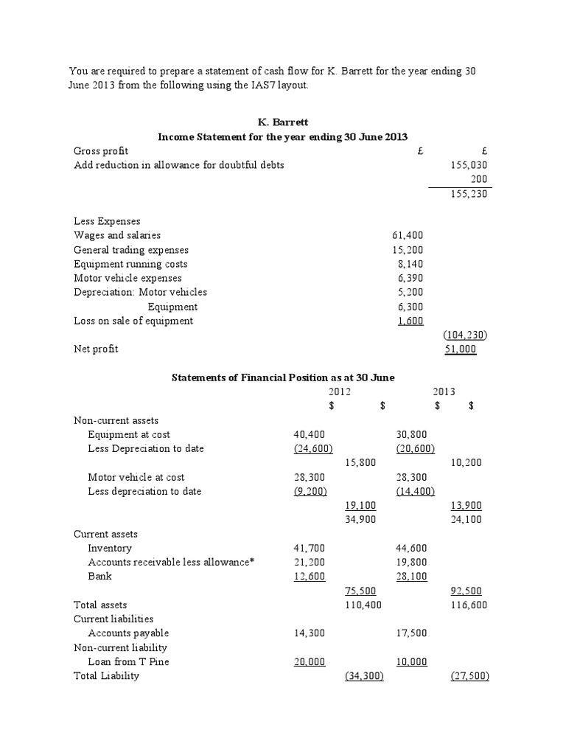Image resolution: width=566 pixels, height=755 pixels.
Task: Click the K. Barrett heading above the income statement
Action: click(283, 122)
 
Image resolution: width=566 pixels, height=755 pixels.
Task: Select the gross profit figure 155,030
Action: click(469, 165)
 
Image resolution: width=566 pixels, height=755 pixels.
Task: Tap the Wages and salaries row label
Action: click(117, 235)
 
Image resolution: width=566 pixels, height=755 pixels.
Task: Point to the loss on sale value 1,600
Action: click(410, 321)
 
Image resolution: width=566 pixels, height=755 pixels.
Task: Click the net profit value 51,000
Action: click(461, 349)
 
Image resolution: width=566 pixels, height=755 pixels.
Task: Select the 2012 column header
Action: click(340, 392)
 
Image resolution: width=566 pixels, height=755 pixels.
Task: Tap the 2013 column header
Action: click(444, 392)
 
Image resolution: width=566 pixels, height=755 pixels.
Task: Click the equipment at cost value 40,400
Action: click(309, 434)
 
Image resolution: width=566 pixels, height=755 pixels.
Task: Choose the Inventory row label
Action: click(110, 548)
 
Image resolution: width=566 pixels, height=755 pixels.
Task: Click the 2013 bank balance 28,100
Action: click(411, 577)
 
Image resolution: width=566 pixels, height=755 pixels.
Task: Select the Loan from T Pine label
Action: click(128, 661)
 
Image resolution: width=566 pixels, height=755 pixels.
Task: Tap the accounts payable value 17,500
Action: click(411, 633)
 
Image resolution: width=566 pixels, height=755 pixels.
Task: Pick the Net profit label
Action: click(96, 349)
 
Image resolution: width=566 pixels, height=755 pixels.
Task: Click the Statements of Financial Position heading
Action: click(283, 377)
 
